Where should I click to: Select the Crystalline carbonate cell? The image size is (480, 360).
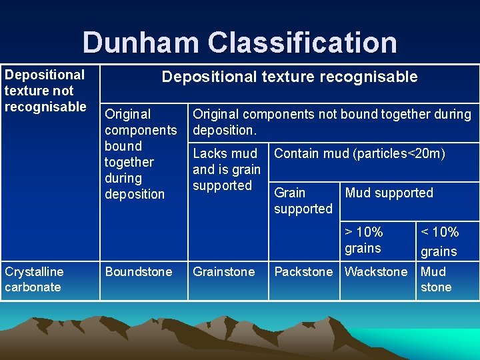(34, 279)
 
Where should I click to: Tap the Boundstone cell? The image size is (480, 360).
(139, 272)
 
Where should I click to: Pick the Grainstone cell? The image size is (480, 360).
(224, 272)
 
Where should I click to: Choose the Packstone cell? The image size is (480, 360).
(303, 272)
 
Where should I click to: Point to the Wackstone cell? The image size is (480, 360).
(376, 272)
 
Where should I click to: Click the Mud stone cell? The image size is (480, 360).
(436, 279)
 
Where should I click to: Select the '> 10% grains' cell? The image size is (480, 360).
(364, 240)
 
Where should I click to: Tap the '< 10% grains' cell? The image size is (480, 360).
(439, 241)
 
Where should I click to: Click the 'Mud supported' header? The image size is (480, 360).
(389, 193)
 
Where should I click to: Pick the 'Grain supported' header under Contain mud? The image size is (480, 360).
(303, 201)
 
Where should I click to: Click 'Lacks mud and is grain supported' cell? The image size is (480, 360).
(227, 169)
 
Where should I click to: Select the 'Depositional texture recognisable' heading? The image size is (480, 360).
(289, 77)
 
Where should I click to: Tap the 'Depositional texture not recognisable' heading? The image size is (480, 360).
(45, 91)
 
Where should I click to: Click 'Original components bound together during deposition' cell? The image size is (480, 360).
(141, 154)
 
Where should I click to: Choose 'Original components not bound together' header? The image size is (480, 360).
(331, 121)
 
